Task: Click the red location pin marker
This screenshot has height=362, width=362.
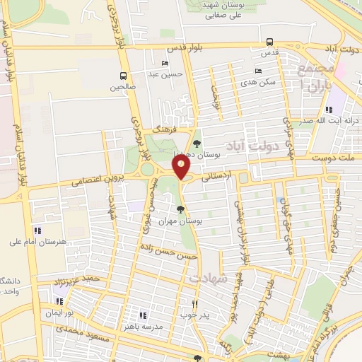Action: tap(182, 168)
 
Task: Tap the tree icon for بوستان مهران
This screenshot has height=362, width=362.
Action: tap(182, 209)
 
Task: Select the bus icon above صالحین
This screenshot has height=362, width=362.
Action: tap(124, 76)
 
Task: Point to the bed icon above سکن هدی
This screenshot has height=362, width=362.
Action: tap(257, 71)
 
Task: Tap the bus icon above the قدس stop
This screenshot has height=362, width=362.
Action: tap(267, 42)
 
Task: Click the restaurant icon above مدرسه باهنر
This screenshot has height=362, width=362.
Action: tap(143, 315)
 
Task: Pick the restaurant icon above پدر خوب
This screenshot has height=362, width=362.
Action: tap(195, 304)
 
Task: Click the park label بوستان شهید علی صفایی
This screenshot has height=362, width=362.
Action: tap(227, 8)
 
